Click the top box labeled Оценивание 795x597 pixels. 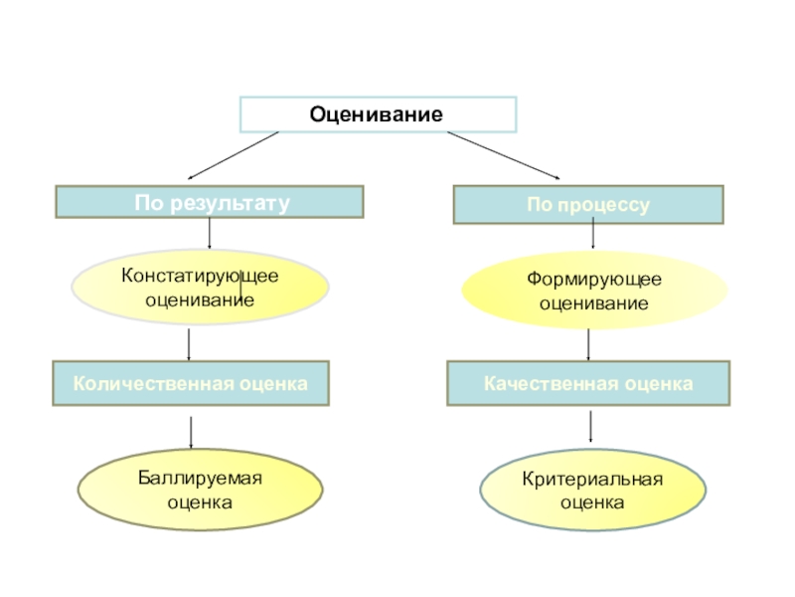click(377, 114)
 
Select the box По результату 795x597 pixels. click(210, 202)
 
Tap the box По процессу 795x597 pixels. click(588, 205)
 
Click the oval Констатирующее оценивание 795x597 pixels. click(200, 287)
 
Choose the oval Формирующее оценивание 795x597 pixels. click(594, 290)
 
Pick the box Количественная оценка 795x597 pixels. click(190, 382)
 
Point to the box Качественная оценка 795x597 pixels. click(588, 383)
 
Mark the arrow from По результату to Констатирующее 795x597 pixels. click(210, 234)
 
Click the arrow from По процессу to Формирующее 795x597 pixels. click(593, 235)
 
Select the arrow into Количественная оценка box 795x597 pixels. click(190, 344)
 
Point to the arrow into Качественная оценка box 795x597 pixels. click(589, 345)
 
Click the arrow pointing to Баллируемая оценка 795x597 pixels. click(191, 433)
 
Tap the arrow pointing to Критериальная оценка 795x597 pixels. click(592, 427)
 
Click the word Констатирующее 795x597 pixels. click(200, 276)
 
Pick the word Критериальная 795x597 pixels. click(592, 480)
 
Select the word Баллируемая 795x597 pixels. click(200, 479)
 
